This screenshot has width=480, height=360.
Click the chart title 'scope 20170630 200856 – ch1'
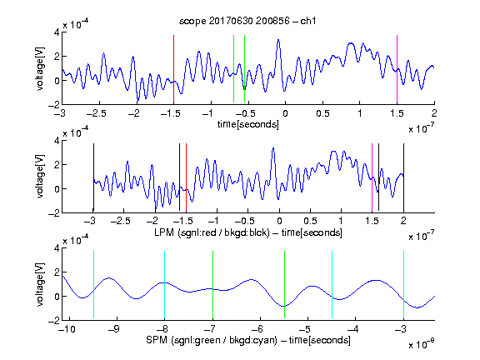click(x=247, y=21)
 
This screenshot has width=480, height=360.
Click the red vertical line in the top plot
click(x=173, y=69)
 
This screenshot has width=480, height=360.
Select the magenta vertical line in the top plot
click(x=397, y=69)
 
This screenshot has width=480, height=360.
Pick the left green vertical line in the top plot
click(x=233, y=69)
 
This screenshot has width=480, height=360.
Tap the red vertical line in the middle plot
click(x=186, y=177)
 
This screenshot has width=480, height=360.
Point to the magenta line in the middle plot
click(x=372, y=177)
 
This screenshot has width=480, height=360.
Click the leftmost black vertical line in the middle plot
click(x=93, y=177)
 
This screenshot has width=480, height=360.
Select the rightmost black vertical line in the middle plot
click(x=403, y=177)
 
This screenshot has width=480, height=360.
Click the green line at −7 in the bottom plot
click(x=212, y=285)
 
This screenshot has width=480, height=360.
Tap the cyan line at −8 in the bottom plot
click(x=164, y=285)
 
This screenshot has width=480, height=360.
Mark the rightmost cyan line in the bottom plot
click(x=403, y=285)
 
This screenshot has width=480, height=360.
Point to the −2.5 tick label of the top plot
click(x=97, y=113)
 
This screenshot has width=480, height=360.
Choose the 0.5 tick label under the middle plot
click(x=310, y=221)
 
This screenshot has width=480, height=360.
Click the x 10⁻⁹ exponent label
click(x=421, y=344)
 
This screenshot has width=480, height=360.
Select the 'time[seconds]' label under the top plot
click(x=248, y=124)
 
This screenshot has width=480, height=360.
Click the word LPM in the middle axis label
click(x=164, y=232)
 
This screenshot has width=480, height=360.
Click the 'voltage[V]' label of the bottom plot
click(x=40, y=284)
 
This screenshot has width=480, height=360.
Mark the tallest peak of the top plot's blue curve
click(x=278, y=40)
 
